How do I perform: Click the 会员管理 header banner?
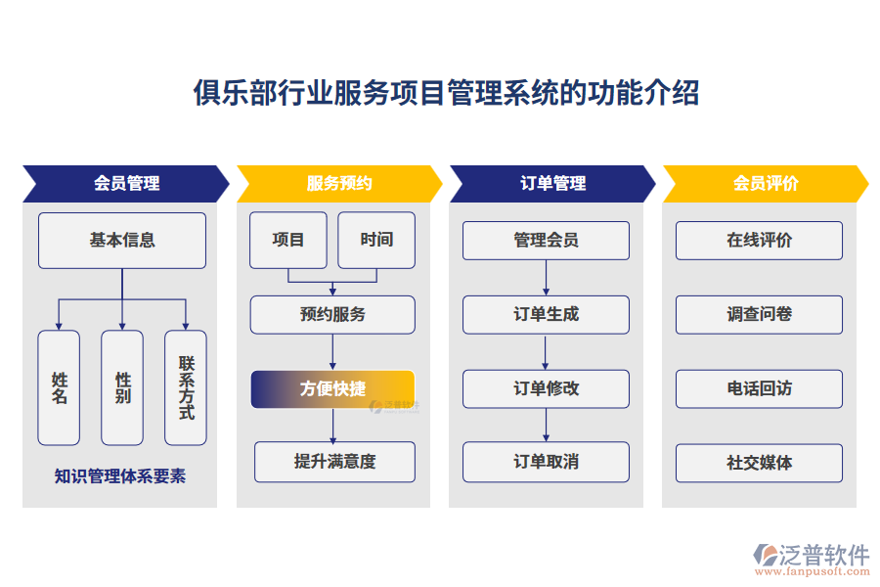coord(126,183)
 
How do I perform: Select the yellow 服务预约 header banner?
coord(339,183)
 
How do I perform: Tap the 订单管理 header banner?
coord(552,183)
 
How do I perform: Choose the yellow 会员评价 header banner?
coord(766,183)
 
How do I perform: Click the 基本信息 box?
coord(122,240)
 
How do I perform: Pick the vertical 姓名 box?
coord(59,387)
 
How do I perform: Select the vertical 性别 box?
coord(122,387)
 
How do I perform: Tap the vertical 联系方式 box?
coord(186,387)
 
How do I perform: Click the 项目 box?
coord(288,240)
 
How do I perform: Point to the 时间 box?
coord(376,240)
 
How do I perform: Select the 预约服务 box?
coord(332,315)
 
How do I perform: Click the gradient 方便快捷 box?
coord(332,388)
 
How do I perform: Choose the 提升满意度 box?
coord(334,462)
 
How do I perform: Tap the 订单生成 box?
coord(546,314)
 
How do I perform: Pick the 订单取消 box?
coord(546,462)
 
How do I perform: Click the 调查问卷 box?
coord(759,314)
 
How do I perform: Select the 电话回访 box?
coord(759,388)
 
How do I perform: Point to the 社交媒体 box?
coord(759,463)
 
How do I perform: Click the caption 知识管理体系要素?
coord(120,476)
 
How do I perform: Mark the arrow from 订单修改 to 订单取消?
coord(546,425)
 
